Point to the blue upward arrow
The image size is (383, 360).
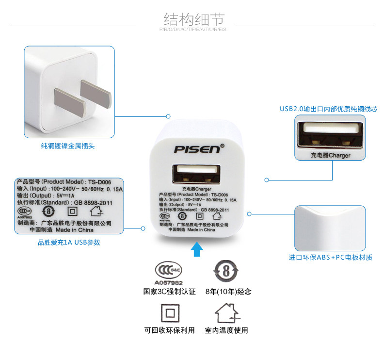(x=196, y=249)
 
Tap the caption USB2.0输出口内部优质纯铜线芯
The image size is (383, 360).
(x=328, y=109)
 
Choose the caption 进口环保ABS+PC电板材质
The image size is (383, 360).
(x=331, y=257)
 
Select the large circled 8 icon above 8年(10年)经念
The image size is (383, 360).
(x=227, y=270)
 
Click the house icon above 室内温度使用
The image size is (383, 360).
(x=226, y=312)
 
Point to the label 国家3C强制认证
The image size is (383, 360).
(x=169, y=292)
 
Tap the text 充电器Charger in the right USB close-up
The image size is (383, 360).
(x=330, y=155)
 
